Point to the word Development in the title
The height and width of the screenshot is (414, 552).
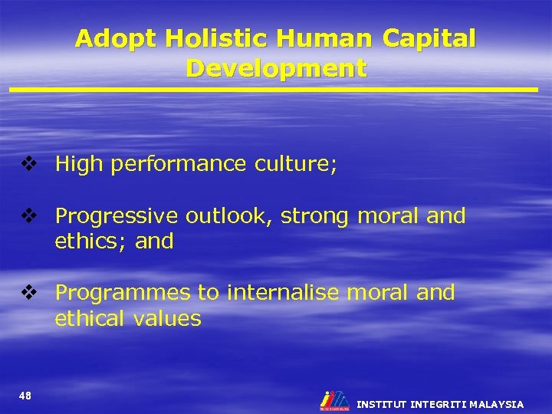(x=276, y=69)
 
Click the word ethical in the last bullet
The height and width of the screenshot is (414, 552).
(x=87, y=318)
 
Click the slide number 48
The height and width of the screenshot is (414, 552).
(x=25, y=396)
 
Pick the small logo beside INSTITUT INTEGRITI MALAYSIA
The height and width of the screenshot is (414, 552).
(x=333, y=401)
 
